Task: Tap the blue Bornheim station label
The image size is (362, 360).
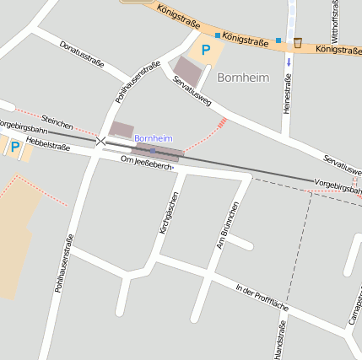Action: click(153, 137)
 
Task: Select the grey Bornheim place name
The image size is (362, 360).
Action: click(242, 78)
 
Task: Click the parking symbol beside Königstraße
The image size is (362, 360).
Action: click(205, 50)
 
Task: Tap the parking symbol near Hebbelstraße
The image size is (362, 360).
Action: click(14, 147)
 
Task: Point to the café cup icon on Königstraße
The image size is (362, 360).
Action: click(298, 42)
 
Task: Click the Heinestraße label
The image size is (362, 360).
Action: click(288, 94)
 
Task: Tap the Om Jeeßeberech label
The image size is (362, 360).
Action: click(148, 163)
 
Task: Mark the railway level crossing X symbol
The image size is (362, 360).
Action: click(101, 141)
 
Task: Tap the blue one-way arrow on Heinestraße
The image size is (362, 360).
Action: click(289, 61)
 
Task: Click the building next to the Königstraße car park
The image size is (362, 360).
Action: click(187, 71)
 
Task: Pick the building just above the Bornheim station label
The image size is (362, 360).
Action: click(122, 130)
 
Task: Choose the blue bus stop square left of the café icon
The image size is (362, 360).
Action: click(278, 40)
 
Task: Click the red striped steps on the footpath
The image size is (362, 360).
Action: click(222, 123)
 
